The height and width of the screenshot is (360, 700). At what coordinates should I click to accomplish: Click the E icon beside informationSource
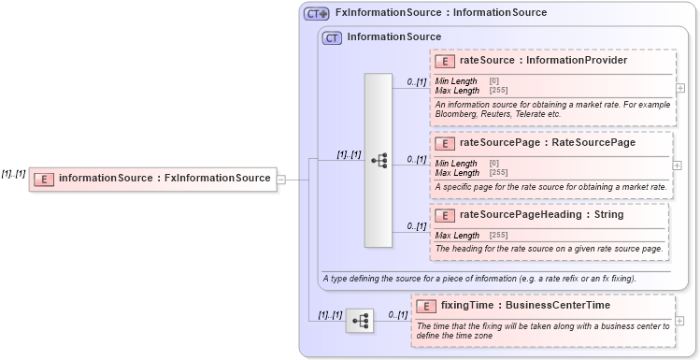43,179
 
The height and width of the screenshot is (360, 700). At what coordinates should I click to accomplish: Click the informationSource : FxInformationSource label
164,178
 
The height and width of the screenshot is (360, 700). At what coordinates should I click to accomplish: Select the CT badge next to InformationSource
332,38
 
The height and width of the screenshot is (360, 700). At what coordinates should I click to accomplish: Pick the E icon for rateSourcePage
446,143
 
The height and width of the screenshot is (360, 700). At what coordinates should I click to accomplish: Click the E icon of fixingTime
427,306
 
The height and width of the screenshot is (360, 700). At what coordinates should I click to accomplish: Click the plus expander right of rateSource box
679,88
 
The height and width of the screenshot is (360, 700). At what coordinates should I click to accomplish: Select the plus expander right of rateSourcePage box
679,165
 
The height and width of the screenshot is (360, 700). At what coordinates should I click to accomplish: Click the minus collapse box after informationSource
281,179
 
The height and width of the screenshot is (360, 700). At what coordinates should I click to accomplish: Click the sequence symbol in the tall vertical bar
379,160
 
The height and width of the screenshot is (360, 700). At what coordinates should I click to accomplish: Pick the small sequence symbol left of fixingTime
360,321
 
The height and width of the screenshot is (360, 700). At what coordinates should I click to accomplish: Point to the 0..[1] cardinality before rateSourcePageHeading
416,226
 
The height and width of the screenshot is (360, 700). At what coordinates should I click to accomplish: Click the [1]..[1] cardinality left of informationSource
13,174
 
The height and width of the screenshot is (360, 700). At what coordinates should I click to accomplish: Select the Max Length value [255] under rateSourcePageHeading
498,235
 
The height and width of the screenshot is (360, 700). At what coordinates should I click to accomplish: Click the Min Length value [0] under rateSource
494,81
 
